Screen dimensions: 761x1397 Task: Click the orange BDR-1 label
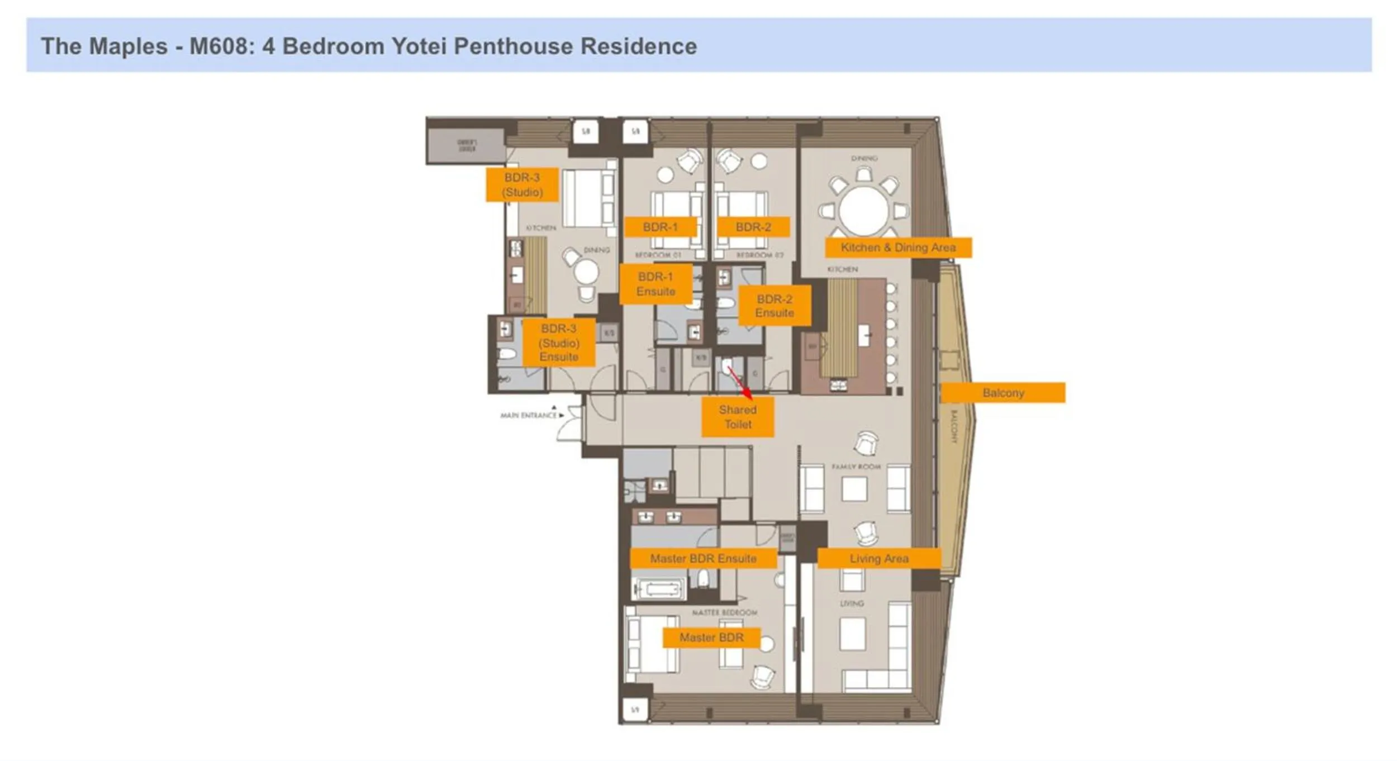tap(660, 227)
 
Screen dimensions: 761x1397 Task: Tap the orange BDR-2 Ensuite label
tap(774, 306)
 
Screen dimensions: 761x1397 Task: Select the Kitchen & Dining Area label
tap(898, 248)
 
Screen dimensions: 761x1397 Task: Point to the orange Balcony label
tap(1003, 393)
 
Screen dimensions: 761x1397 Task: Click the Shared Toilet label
tap(738, 417)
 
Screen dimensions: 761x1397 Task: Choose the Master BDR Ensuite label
tap(703, 558)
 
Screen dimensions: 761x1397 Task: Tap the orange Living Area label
tap(878, 558)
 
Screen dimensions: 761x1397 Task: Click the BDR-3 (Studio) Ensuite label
tap(559, 343)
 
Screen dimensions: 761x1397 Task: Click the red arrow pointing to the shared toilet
tap(740, 383)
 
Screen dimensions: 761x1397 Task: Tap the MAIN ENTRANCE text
tap(529, 415)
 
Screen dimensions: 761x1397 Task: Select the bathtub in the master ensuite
tap(659, 588)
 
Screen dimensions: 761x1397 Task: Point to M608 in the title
tap(221, 46)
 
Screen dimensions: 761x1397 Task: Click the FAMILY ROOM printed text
tap(856, 467)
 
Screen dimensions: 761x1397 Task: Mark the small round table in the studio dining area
tap(586, 272)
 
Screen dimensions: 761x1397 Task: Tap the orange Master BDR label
tap(711, 638)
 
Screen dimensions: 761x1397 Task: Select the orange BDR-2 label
tap(753, 227)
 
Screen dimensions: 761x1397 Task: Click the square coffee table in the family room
tap(854, 489)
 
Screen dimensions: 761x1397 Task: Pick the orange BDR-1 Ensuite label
tap(655, 284)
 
